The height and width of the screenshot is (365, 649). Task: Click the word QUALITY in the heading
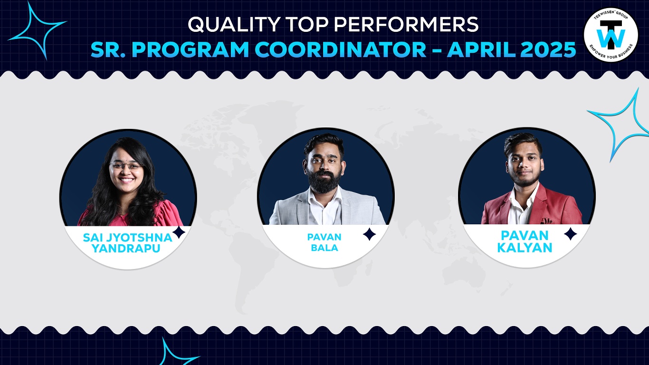[234, 24]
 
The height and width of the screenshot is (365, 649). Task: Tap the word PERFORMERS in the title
[406, 24]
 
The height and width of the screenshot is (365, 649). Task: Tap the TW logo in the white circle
[611, 35]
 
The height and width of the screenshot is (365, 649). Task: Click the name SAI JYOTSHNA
[127, 238]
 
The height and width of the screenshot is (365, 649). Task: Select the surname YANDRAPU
[126, 249]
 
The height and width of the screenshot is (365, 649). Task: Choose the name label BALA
[324, 248]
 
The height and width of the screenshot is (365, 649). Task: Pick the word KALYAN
[525, 248]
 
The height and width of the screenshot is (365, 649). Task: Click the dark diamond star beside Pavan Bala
[370, 234]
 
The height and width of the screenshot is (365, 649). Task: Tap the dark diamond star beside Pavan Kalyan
[570, 234]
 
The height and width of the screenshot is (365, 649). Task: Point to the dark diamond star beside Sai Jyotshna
[179, 232]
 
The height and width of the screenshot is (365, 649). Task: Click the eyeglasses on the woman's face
[126, 166]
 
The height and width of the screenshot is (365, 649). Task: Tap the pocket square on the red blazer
[546, 221]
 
